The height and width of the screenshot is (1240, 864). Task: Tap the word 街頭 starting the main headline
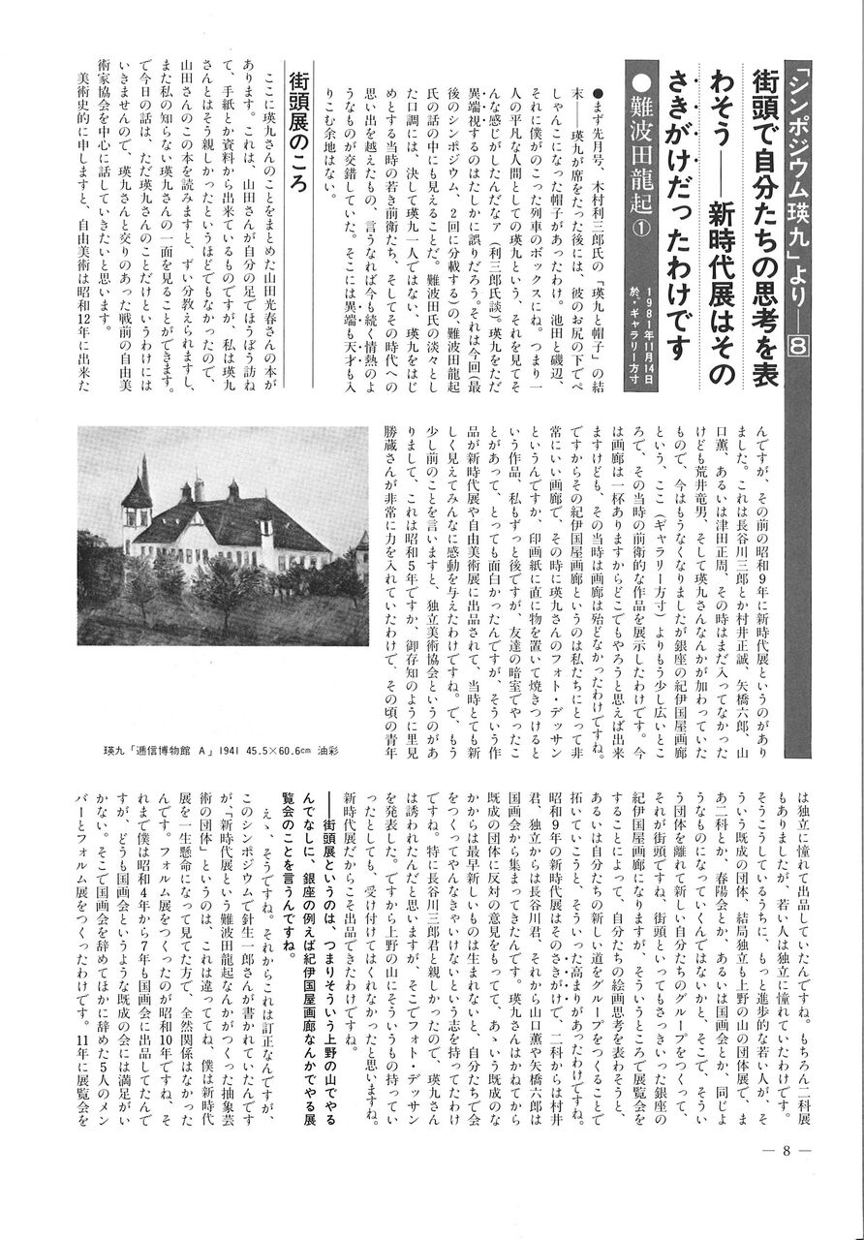763,93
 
